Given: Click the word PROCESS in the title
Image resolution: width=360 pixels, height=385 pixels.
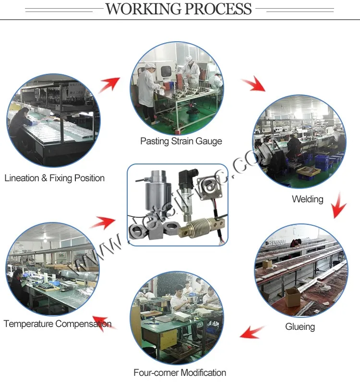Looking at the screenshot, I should click(x=220, y=9).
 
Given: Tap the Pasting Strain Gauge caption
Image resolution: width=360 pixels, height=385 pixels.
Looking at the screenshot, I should click(x=181, y=141).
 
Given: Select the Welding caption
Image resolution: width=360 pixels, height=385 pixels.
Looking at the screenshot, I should click(x=307, y=199).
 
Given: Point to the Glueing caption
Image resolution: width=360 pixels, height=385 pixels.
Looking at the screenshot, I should click(x=300, y=327).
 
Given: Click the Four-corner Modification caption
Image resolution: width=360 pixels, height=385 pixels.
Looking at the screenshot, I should click(x=180, y=373).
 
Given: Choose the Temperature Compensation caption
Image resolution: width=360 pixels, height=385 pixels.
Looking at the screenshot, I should click(x=57, y=324).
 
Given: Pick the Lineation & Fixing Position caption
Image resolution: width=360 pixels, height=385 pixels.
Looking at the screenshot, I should click(x=54, y=178).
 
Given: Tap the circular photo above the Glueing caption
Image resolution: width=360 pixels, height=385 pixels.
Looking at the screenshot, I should click(x=300, y=271).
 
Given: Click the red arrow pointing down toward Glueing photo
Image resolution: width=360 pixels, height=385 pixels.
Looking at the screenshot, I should click(x=339, y=205).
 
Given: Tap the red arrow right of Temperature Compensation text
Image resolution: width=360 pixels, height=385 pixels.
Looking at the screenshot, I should click(x=104, y=322).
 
